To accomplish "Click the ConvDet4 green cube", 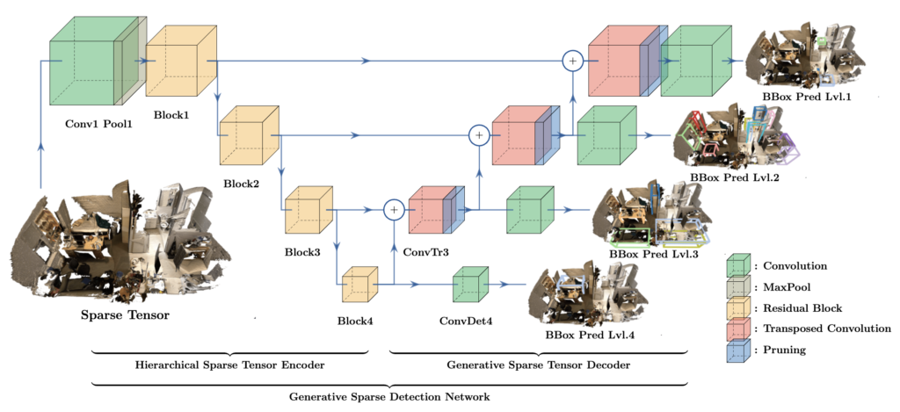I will point(470,286).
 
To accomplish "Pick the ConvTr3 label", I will point(426,252).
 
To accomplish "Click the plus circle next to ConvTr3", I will point(394,209).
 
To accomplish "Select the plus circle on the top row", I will point(572,61).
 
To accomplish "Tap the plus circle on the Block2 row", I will point(478,135).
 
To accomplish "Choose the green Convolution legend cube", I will point(737,265).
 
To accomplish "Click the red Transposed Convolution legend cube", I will point(737,329).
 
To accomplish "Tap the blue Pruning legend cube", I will point(737,350).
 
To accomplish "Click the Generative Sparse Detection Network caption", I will point(390,398).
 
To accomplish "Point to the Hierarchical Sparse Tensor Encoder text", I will point(228,365).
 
